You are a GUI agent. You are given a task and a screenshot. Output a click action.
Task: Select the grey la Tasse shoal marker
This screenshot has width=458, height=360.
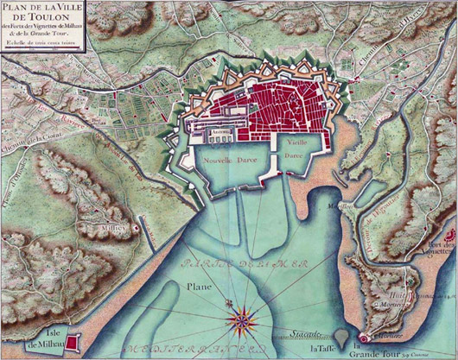tap(343, 336)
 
